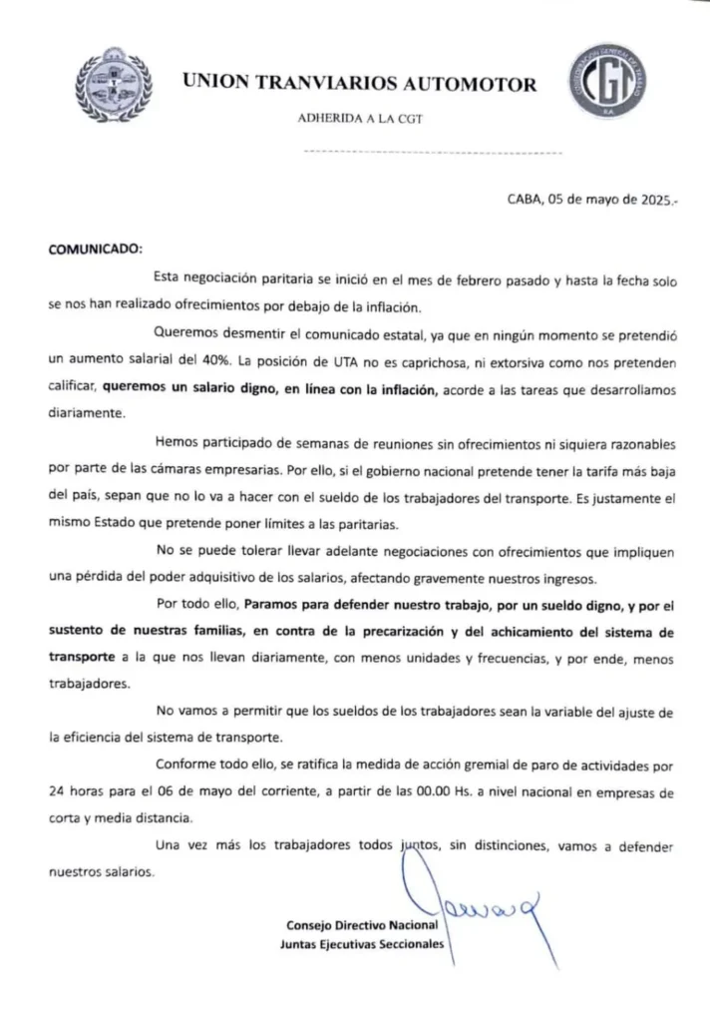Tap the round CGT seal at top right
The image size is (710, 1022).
[605, 85]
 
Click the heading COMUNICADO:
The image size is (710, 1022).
[96, 249]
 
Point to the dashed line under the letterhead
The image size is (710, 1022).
[432, 154]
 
